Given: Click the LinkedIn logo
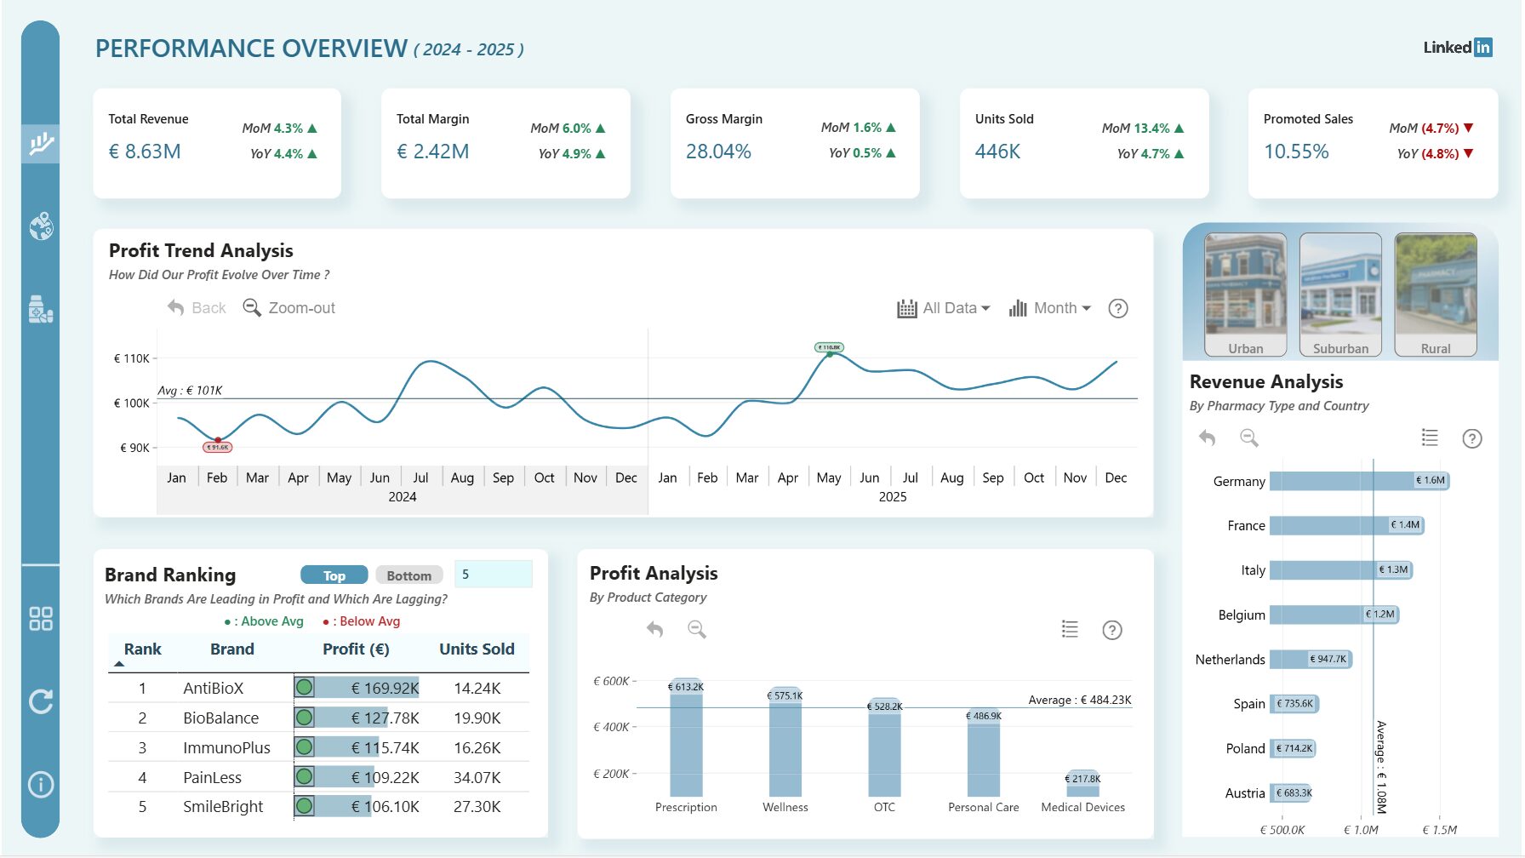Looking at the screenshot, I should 1457,48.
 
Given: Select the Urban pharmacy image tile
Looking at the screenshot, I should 1245,295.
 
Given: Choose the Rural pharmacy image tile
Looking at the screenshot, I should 1435,295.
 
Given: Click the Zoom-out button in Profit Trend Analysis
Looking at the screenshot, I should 289,308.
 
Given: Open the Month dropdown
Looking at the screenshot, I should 1050,308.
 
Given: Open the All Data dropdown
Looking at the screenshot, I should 944,308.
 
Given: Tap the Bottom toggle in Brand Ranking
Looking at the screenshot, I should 408,575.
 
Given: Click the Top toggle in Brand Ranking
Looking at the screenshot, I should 334,575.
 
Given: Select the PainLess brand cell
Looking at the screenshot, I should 212,777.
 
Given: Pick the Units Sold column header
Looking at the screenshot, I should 477,649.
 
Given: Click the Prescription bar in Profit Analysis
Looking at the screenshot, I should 686,741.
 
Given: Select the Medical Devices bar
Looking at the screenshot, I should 1082,785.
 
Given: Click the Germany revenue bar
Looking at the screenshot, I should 1358,481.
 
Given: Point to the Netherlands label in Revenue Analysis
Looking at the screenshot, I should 1230,660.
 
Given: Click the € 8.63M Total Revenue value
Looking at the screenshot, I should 145,152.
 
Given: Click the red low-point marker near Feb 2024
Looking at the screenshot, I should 218,440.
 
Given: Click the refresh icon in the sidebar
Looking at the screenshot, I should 41,701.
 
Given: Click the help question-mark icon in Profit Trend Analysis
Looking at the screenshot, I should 1118,308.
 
